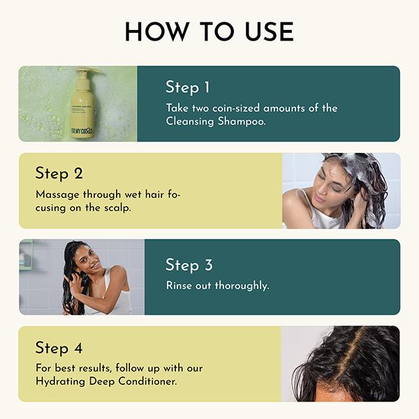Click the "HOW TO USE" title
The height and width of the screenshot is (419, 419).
(x=209, y=31)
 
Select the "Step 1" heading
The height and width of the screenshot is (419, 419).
(x=187, y=87)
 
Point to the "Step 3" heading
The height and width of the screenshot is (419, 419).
(x=188, y=265)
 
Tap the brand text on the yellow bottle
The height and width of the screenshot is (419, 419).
(x=82, y=131)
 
